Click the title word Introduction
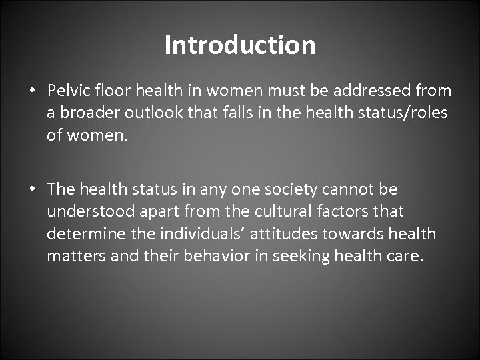pos(240,45)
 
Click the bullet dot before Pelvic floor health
pos(32,91)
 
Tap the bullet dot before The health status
pos(32,189)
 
